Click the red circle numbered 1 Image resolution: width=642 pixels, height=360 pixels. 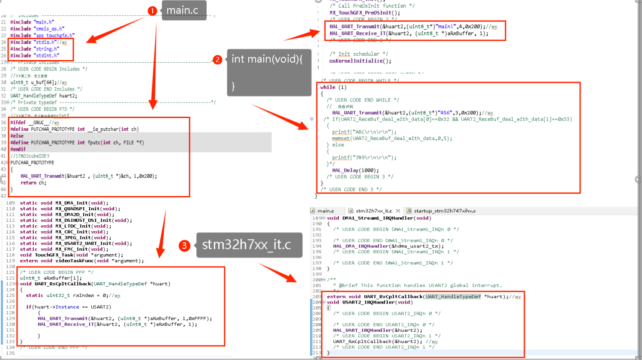152,11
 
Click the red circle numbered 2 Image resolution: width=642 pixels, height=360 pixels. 217,59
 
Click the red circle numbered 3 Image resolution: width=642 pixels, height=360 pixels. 184,245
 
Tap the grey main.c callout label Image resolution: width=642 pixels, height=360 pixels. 183,10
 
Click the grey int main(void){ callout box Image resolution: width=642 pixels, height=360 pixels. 268,72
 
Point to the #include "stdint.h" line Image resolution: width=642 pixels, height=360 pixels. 35,55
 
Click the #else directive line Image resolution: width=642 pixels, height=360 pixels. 17,136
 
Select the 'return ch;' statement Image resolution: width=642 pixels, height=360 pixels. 33,183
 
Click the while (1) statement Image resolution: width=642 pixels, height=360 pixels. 333,87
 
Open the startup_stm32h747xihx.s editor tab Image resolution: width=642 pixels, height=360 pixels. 444,211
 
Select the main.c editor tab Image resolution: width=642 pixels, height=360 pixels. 326,211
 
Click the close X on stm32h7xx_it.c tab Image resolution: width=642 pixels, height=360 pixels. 398,211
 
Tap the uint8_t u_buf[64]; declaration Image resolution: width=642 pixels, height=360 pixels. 33,82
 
